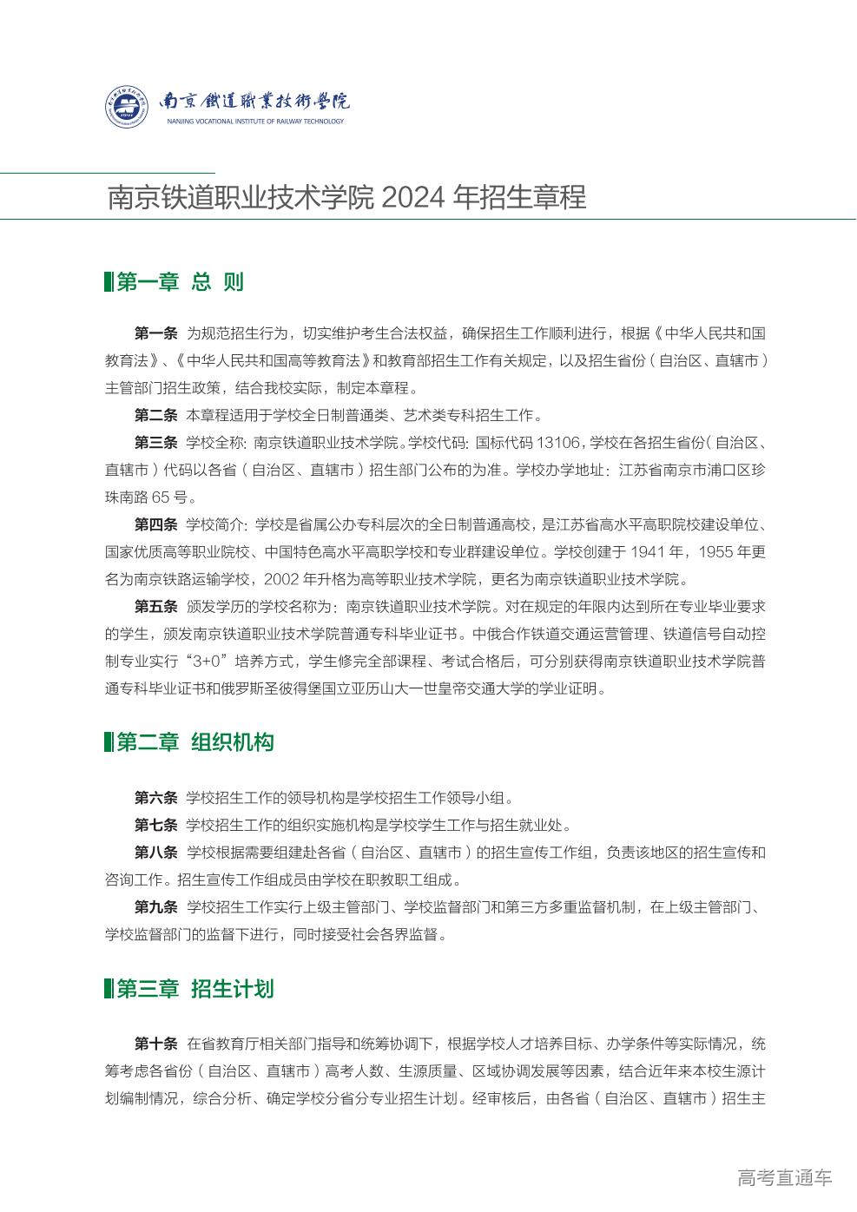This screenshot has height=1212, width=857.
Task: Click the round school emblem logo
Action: pyautogui.click(x=127, y=107)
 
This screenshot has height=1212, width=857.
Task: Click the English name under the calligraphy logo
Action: pyautogui.click(x=255, y=122)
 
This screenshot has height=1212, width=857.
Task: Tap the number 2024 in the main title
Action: pyautogui.click(x=414, y=198)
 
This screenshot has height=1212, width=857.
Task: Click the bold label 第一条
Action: pyautogui.click(x=155, y=333)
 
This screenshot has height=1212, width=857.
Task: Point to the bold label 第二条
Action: pyautogui.click(x=155, y=415)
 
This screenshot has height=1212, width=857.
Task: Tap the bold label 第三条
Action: pyautogui.click(x=155, y=443)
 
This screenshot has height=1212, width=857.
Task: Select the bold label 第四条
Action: pyautogui.click(x=155, y=524)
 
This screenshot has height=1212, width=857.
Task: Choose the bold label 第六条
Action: pyautogui.click(x=155, y=798)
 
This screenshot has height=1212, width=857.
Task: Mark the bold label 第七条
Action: pyautogui.click(x=155, y=825)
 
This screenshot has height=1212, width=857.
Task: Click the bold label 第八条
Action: pyautogui.click(x=155, y=853)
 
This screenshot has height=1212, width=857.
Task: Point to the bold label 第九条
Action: pyautogui.click(x=155, y=907)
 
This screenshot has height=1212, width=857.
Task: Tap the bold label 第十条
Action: pyautogui.click(x=155, y=1044)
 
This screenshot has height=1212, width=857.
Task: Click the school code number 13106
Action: pyautogui.click(x=557, y=443)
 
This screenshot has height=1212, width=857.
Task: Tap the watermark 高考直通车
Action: pyautogui.click(x=784, y=1178)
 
